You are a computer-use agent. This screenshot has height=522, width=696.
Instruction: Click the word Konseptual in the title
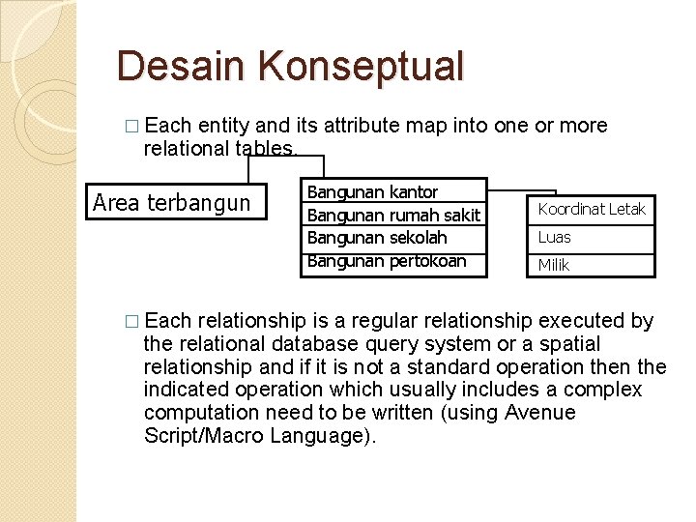pyautogui.click(x=362, y=66)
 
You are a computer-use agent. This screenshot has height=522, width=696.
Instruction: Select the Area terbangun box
pyautogui.click(x=176, y=202)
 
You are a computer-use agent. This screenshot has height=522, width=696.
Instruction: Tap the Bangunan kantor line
pyautogui.click(x=372, y=192)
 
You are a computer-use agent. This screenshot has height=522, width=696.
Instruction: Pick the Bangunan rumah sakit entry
pyautogui.click(x=392, y=215)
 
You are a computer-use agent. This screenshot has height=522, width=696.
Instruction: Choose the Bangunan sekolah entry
pyautogui.click(x=376, y=238)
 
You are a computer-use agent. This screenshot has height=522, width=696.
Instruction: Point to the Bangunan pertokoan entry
pyautogui.click(x=386, y=261)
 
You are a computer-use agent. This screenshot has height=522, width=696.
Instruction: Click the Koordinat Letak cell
pyautogui.click(x=591, y=209)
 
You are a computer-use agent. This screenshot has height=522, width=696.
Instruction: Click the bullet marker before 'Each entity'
pyautogui.click(x=131, y=127)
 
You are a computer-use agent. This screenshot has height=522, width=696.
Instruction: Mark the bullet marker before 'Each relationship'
pyautogui.click(x=131, y=322)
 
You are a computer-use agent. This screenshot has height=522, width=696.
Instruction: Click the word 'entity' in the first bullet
pyautogui.click(x=224, y=126)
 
